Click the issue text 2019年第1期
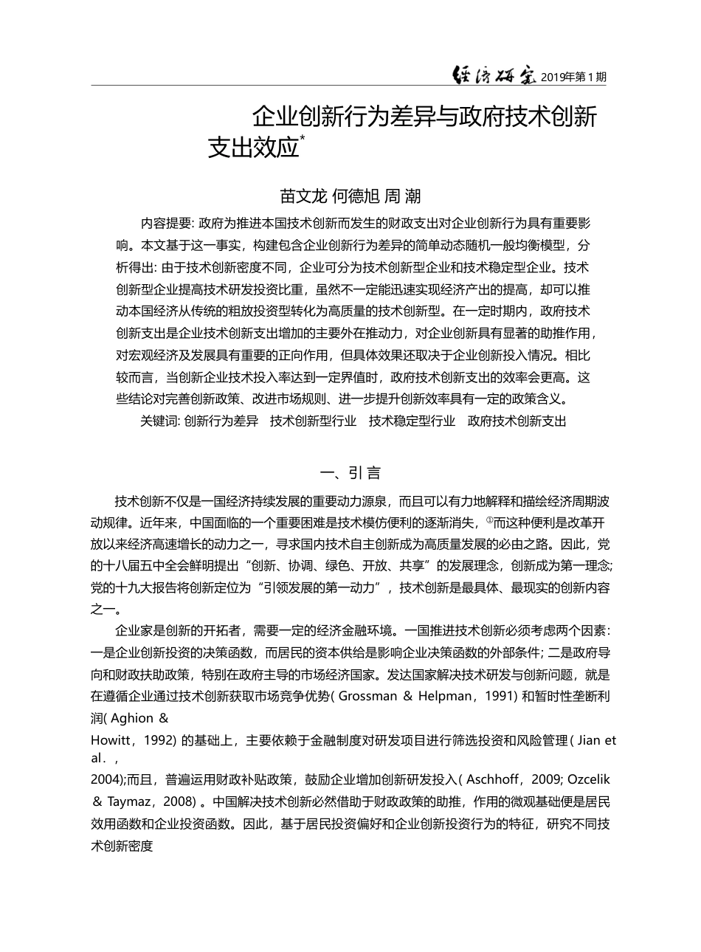[x=573, y=76]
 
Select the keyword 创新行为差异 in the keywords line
[x=221, y=422]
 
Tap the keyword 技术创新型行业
[x=313, y=422]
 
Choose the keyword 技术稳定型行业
[x=412, y=422]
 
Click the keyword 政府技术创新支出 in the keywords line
[x=517, y=422]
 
